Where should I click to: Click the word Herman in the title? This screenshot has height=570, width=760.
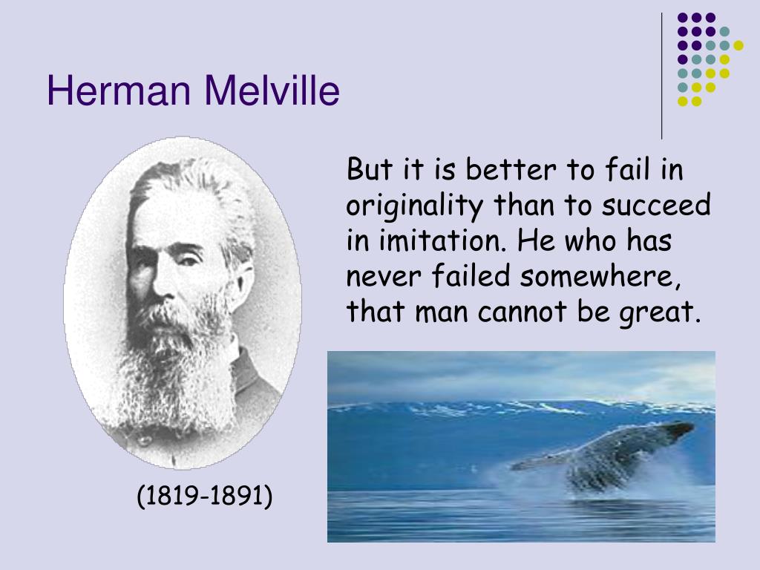click(x=119, y=90)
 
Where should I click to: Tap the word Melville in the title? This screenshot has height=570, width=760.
click(x=272, y=90)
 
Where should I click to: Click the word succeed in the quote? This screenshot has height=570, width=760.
click(x=656, y=205)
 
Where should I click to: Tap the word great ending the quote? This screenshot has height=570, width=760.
click(x=660, y=312)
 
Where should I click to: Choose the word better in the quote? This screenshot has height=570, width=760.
click(x=511, y=170)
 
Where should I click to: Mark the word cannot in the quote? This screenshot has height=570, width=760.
click(x=522, y=312)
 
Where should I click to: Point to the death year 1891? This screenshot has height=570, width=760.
click(x=235, y=496)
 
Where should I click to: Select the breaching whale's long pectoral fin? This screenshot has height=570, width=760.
click(x=543, y=460)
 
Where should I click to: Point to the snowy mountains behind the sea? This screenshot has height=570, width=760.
click(x=521, y=408)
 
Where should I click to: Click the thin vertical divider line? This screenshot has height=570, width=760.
click(x=661, y=76)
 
